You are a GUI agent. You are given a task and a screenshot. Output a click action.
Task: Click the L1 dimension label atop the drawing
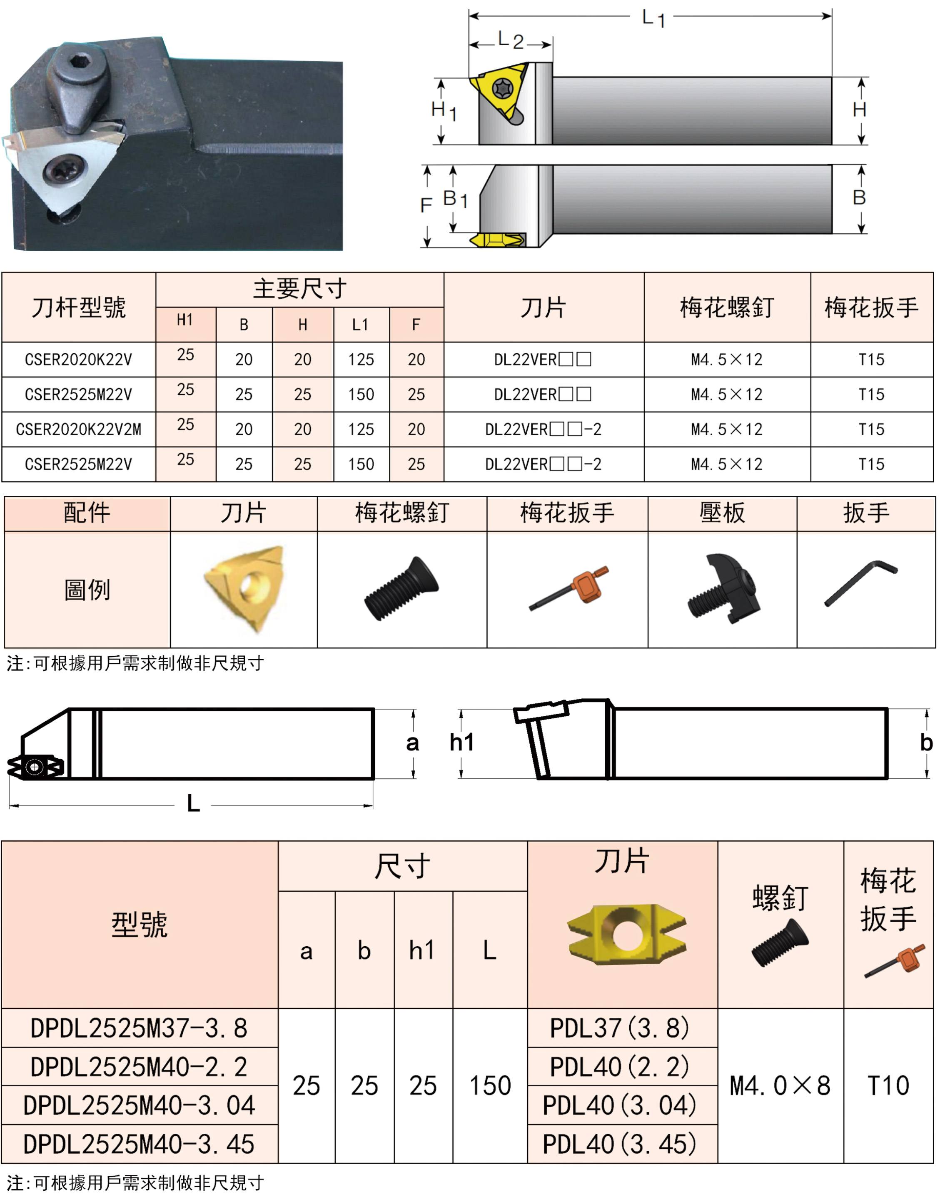(653, 19)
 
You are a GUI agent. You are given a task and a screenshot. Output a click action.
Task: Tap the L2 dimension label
(510, 40)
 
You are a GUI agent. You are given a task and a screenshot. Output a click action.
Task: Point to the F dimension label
(426, 205)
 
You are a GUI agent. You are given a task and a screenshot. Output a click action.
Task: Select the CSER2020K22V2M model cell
(79, 429)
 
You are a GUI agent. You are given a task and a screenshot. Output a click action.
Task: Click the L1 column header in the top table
(361, 325)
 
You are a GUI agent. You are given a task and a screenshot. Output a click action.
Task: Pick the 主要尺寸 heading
(299, 288)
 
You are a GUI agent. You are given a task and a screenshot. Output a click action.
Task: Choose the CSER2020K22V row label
(79, 360)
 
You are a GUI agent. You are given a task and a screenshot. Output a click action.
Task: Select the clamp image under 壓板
(724, 588)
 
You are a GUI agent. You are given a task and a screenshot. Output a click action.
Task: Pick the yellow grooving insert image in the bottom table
(627, 934)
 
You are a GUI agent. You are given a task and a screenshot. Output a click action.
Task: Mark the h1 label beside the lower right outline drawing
(461, 742)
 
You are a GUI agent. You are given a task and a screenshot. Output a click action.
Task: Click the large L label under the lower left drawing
(193, 804)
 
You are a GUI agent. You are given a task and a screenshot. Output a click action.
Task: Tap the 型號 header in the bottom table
(139, 924)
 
